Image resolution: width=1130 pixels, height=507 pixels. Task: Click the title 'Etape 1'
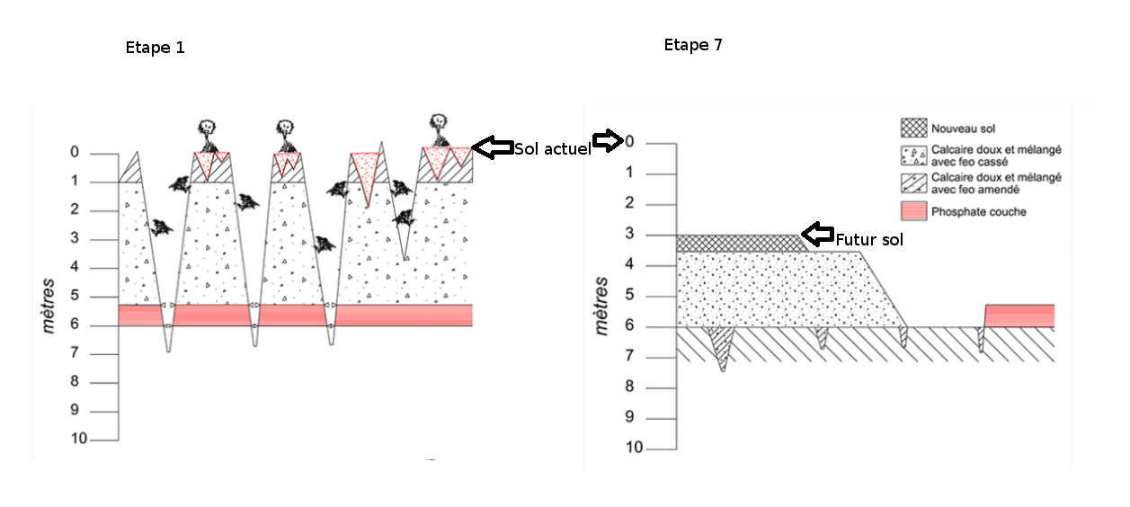point(155,48)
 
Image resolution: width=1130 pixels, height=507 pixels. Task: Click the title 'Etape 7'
point(692,45)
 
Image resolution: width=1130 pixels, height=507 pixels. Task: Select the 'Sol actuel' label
point(552,149)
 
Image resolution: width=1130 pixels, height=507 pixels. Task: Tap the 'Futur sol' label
point(869,240)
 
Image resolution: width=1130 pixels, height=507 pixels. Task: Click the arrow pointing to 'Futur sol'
point(817,235)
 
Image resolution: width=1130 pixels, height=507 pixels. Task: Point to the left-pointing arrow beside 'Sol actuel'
point(493,147)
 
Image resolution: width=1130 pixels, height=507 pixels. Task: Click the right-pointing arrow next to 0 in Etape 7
point(608,140)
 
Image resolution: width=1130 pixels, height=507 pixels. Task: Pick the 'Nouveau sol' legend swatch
point(913,128)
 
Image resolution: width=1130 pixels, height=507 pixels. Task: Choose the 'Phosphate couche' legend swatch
point(913,211)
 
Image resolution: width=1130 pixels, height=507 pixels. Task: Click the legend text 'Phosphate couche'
point(978,212)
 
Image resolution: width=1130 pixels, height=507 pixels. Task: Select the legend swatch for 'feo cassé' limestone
point(913,156)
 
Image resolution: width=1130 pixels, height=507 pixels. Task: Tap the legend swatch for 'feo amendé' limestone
point(913,183)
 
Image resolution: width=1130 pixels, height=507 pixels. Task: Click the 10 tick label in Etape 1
point(79,439)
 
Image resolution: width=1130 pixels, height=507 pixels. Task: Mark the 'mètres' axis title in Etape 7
point(602,306)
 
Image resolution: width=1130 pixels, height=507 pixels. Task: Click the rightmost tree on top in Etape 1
point(438,130)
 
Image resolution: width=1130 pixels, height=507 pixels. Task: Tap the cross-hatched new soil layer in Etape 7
point(737,243)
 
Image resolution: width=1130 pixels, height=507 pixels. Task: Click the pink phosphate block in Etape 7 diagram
point(1019,315)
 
